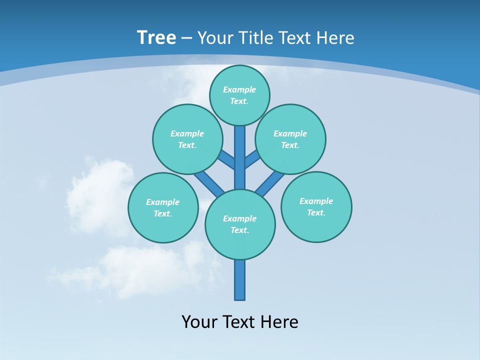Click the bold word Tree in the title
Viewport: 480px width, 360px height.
coord(156,38)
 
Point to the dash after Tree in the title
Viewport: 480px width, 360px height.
coord(186,38)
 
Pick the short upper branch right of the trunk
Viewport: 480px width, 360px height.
coord(252,159)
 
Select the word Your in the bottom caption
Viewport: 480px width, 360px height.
coord(199,321)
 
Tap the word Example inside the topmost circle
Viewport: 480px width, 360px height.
coord(239,89)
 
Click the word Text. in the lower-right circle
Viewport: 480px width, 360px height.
coord(316,212)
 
